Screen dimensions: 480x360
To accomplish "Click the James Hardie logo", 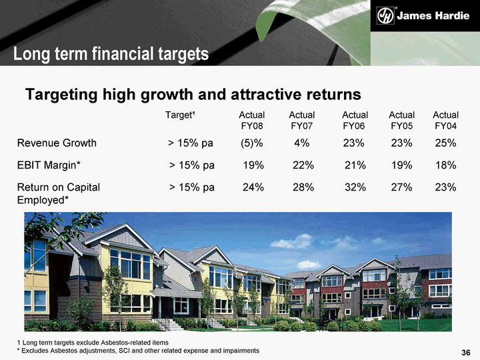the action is point(423,15).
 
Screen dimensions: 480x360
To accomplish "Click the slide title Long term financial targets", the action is point(111,54).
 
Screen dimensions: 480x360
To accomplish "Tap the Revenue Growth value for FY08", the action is point(251,143).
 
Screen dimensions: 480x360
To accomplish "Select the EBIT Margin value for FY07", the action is point(303,165).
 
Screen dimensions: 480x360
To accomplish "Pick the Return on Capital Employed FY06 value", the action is point(355,187).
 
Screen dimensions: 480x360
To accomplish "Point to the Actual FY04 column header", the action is point(446,120).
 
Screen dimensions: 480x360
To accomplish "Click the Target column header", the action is point(180,115).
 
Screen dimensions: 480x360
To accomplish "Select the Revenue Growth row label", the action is point(57,143).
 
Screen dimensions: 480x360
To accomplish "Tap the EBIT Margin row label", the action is point(49,165).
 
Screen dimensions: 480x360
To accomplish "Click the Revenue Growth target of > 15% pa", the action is point(191,143).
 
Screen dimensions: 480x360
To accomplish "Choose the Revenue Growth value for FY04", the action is point(446,143).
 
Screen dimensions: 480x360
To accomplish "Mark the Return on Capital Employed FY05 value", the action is point(401,187).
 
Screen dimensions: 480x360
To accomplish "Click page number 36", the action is point(466,353).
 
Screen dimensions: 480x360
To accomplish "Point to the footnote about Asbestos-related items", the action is point(93,343).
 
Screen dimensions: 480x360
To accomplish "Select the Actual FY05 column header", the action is point(401,120).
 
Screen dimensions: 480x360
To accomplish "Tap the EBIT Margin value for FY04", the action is point(446,165).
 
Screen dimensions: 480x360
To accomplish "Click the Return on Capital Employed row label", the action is point(59,193).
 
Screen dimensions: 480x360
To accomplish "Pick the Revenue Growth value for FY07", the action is point(302,143).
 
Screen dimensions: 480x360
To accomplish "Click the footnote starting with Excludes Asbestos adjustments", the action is point(139,351).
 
